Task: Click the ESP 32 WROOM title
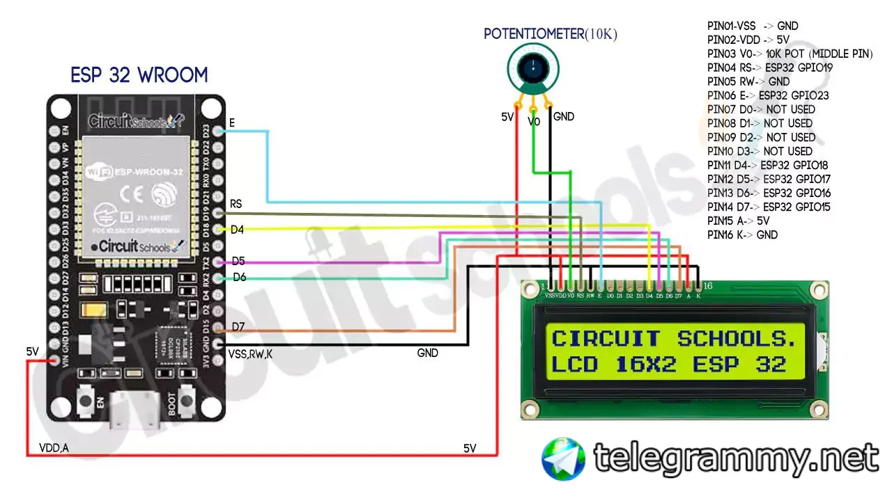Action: (x=139, y=75)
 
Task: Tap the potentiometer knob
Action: (x=533, y=68)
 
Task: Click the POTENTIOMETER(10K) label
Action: (x=551, y=33)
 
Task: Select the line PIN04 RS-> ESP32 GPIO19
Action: (x=769, y=67)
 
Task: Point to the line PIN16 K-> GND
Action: (x=742, y=234)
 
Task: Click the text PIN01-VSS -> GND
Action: (x=753, y=26)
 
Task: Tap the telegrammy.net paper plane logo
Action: (x=564, y=459)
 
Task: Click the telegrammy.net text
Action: (x=736, y=458)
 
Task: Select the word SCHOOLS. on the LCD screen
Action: (x=737, y=339)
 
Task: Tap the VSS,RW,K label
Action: (x=250, y=354)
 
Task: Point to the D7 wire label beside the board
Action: (x=238, y=326)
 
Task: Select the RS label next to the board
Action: (x=236, y=205)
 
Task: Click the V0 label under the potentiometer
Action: (x=534, y=121)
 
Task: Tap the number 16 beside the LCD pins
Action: (x=707, y=286)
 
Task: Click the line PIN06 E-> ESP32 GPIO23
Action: (x=767, y=95)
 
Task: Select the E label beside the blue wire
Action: (x=231, y=123)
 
